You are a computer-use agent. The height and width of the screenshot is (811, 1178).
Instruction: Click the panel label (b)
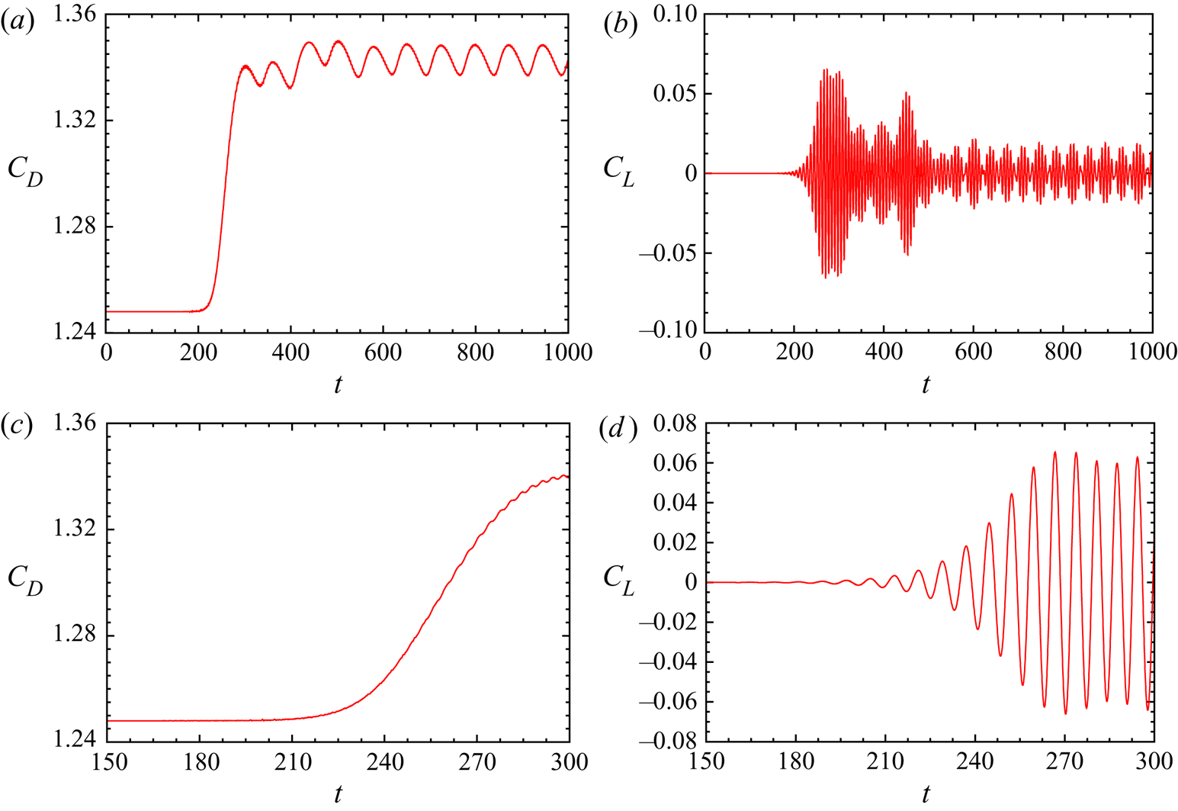click(616, 24)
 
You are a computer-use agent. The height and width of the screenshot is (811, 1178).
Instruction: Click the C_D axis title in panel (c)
click(25, 580)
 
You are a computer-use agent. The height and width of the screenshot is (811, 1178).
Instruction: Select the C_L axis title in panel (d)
click(618, 580)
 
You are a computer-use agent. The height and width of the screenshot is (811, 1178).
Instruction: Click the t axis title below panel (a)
click(337, 385)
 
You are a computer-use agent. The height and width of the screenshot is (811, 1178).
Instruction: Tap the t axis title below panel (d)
click(926, 794)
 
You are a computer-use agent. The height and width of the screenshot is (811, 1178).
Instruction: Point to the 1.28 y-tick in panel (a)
click(74, 227)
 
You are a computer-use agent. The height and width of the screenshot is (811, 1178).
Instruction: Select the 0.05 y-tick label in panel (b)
click(675, 94)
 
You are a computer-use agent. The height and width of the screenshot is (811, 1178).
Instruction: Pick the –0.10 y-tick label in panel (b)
click(668, 330)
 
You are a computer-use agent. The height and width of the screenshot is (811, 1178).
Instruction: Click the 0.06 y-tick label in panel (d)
click(675, 463)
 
